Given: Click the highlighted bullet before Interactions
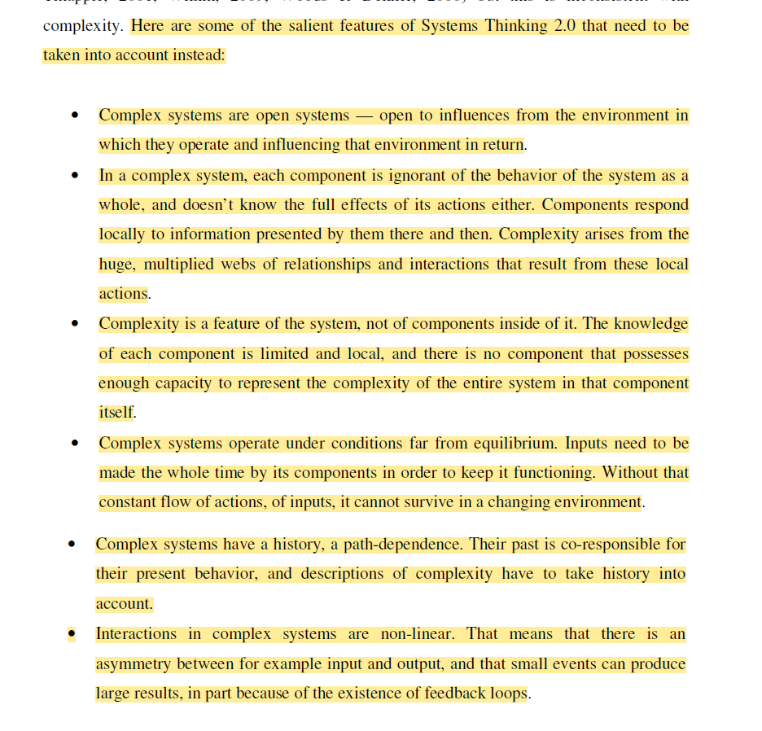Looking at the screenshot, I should click(x=72, y=634).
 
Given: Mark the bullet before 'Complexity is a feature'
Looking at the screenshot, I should click(x=75, y=324).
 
